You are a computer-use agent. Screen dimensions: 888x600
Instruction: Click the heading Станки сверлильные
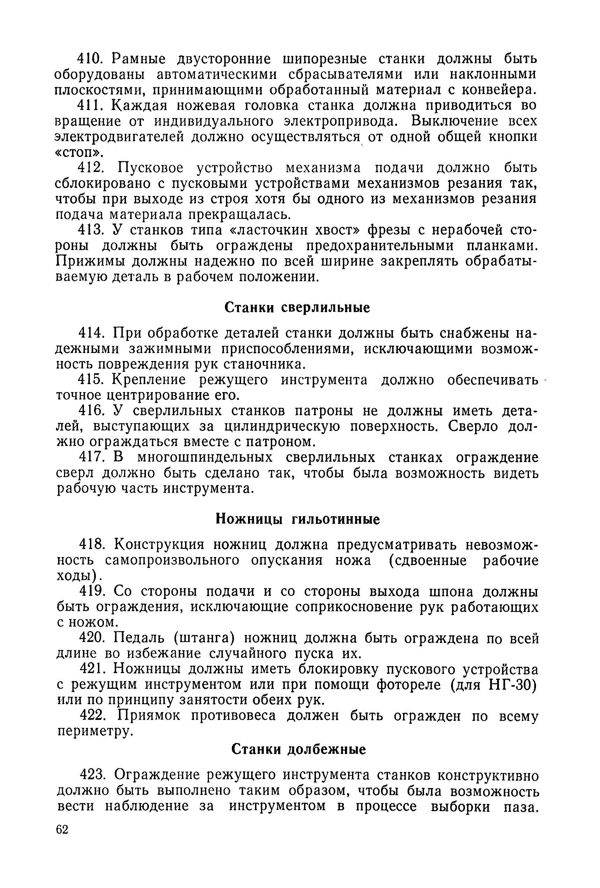pyautogui.click(x=297, y=308)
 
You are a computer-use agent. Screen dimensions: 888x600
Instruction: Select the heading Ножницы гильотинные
pyautogui.click(x=297, y=519)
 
